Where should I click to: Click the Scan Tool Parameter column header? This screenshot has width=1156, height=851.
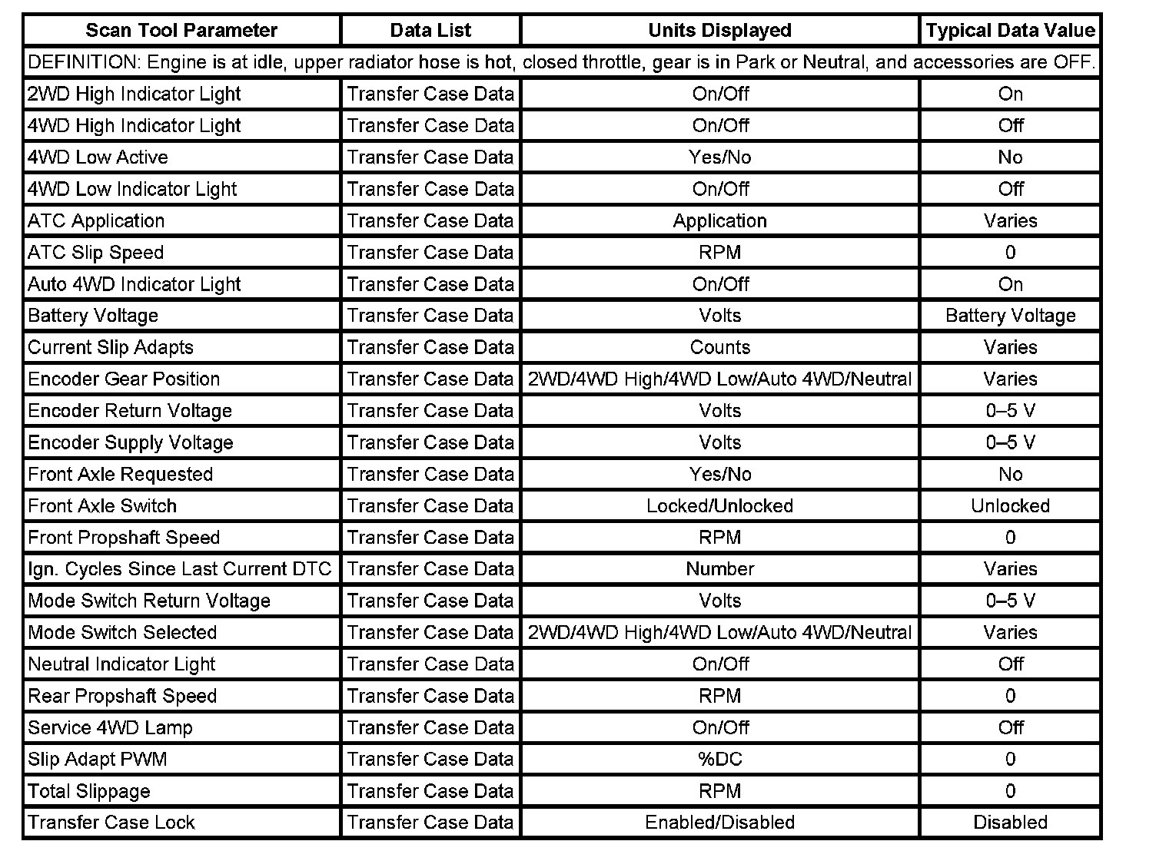[181, 31]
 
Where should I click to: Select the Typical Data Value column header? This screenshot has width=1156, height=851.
[1010, 31]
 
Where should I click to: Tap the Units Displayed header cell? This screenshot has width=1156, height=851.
[719, 31]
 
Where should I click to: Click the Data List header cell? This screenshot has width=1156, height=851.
[430, 31]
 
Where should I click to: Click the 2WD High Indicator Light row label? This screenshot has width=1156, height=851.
[135, 94]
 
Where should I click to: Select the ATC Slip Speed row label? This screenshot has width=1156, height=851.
[96, 253]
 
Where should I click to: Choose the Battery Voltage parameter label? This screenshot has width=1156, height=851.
[93, 316]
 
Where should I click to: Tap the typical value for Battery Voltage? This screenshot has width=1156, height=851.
[1010, 316]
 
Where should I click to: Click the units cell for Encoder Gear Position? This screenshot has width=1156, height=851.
[719, 379]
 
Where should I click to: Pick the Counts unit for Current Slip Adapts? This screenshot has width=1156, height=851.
[719, 347]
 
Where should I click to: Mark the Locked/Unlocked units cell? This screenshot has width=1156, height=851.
[719, 506]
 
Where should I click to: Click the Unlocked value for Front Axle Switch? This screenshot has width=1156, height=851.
[1010, 506]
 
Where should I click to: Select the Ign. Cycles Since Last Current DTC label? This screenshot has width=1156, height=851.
[179, 569]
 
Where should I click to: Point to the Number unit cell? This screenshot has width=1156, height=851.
[719, 569]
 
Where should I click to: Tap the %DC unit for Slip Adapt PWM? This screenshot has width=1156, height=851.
[719, 760]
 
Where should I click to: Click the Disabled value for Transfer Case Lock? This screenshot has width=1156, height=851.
[1010, 823]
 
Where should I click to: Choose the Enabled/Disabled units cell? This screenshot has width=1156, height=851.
[719, 823]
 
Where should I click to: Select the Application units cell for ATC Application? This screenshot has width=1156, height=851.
[719, 221]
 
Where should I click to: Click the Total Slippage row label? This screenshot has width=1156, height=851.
[89, 791]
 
